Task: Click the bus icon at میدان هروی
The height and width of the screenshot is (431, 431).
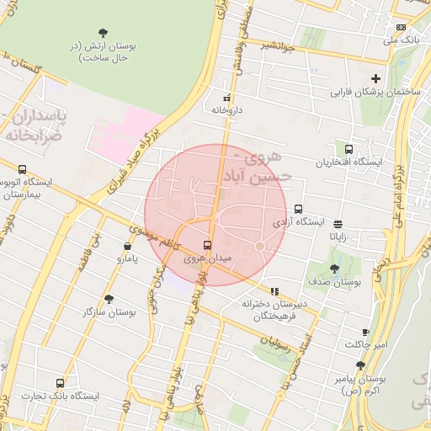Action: point(208,246)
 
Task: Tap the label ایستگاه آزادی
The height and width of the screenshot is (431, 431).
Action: point(299,222)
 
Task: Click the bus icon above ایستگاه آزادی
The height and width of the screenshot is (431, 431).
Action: point(298,210)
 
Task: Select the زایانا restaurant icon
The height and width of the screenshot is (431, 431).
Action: point(338,224)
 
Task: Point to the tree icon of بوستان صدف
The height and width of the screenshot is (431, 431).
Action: point(334,269)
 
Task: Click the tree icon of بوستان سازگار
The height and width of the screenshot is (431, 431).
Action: point(109,299)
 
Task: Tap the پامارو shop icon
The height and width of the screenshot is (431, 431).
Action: point(127,246)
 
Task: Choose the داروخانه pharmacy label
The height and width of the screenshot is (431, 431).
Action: point(226,109)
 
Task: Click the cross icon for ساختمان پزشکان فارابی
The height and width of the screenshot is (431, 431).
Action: point(376,78)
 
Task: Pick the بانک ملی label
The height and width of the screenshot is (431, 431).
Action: point(401,40)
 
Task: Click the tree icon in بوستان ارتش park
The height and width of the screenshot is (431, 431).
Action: point(103,32)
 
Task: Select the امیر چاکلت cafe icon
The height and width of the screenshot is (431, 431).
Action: point(365,333)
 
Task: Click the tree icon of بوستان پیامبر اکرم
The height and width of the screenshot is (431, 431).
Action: point(360,364)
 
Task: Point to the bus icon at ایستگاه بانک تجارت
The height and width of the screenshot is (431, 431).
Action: point(59,383)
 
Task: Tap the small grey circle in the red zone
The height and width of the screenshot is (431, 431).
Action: point(260,246)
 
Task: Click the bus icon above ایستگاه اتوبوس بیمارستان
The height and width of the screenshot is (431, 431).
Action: point(21,169)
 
